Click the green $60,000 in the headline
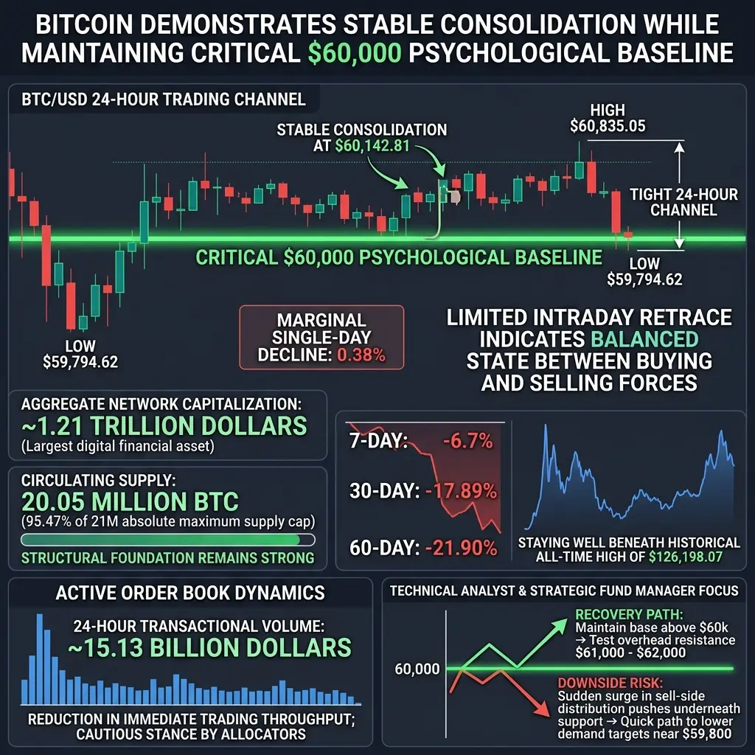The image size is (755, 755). click(x=355, y=53)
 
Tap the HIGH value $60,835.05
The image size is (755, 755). click(x=608, y=126)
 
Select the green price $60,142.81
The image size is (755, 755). click(x=372, y=145)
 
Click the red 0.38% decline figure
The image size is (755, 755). click(x=361, y=355)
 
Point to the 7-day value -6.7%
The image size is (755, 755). click(x=468, y=441)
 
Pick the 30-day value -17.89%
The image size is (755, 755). click(x=462, y=491)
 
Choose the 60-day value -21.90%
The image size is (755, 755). click(x=462, y=548)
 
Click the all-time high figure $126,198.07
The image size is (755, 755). click(x=686, y=557)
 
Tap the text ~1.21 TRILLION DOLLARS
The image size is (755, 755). click(x=164, y=425)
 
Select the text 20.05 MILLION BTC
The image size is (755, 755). click(x=130, y=501)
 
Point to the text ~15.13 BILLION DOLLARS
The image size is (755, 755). click(x=209, y=647)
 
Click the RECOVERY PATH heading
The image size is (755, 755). click(x=629, y=614)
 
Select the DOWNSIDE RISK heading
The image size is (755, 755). click(x=610, y=683)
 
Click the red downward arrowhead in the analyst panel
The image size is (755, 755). click(x=542, y=709)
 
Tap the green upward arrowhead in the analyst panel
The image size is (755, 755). click(x=559, y=627)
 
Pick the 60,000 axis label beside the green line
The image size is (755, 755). click(x=417, y=669)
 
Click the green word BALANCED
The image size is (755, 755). click(x=644, y=339)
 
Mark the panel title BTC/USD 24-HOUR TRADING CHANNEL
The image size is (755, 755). click(x=164, y=100)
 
